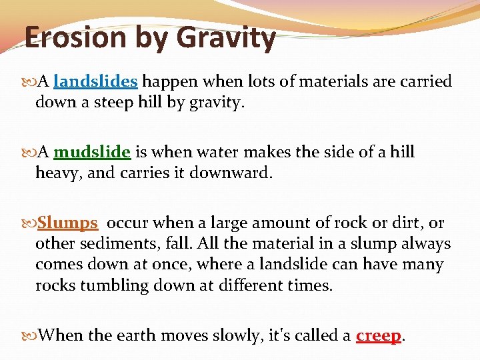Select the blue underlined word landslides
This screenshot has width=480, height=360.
point(95,82)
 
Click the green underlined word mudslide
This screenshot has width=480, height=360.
point(92,152)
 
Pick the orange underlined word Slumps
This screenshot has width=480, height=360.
point(68,223)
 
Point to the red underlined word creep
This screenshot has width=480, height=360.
point(379,335)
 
